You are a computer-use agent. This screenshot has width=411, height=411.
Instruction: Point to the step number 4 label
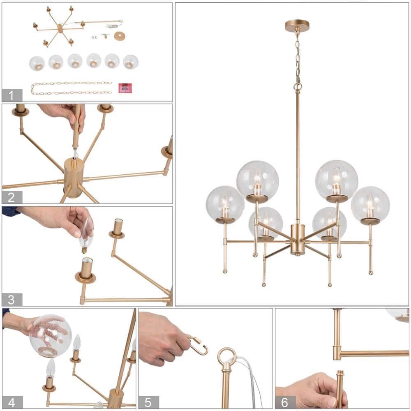click(x=12, y=402)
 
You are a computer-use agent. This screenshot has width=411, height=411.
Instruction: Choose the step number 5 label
click(x=148, y=402)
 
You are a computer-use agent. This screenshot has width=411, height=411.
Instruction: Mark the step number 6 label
click(x=285, y=402)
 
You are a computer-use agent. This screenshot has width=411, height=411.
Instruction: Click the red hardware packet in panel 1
click(x=125, y=88)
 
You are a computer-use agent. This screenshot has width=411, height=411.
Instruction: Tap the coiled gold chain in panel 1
click(x=71, y=88)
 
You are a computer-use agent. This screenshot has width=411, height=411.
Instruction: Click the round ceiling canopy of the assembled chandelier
click(x=297, y=25)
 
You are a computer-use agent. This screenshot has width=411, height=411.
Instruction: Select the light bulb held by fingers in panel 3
click(x=86, y=236)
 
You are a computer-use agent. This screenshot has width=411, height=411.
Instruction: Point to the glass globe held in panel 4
click(x=51, y=336)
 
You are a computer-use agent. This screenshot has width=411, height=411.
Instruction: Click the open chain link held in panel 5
click(x=199, y=345)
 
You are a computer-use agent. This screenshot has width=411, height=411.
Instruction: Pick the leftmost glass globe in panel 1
click(x=37, y=63)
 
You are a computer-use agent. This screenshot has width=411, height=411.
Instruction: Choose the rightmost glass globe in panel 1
click(x=131, y=62)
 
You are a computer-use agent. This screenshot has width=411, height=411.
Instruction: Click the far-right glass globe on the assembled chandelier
click(x=370, y=204)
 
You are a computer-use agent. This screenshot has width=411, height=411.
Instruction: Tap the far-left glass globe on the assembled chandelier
click(x=225, y=203)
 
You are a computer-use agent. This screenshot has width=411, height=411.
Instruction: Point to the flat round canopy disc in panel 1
click(x=120, y=36)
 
